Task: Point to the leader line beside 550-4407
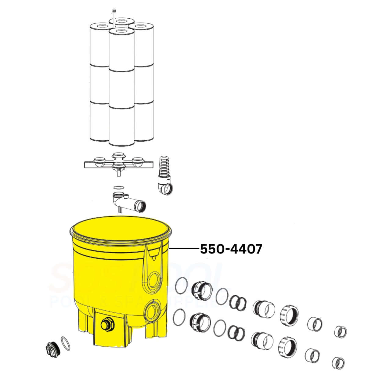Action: [183, 249]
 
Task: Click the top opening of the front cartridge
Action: [121, 31]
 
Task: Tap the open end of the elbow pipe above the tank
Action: [141, 206]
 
